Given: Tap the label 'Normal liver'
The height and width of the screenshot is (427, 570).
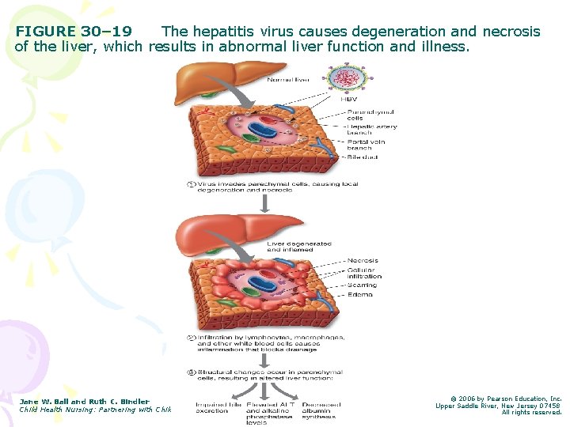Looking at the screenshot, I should point(288,80).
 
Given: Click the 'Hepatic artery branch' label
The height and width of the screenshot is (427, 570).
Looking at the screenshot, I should point(371,130).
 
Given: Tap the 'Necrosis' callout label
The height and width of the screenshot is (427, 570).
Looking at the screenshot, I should point(363,260).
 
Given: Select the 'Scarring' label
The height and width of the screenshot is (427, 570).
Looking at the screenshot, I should point(363,285).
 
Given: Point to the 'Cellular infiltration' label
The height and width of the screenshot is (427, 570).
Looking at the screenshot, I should point(364,273).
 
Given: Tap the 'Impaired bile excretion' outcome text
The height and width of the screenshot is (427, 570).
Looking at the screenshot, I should point(218,408).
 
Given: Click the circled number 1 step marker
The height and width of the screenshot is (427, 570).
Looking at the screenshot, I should point(191,185).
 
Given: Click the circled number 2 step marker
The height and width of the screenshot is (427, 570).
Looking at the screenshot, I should point(191,338).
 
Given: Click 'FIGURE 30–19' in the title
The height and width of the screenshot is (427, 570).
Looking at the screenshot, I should point(74,32).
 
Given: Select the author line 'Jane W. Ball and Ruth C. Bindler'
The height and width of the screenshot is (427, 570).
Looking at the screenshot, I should point(84,402).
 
